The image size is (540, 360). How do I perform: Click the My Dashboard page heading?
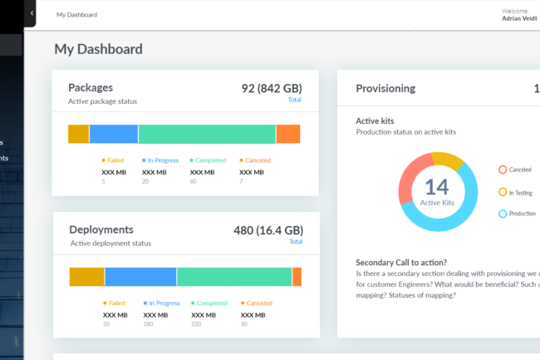(98, 49)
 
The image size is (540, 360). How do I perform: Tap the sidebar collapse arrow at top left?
(32, 13)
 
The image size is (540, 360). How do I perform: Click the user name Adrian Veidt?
(520, 17)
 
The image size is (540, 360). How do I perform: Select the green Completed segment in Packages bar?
(207, 134)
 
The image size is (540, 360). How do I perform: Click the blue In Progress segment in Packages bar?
(113, 134)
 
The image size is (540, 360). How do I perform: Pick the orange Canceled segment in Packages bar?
(287, 134)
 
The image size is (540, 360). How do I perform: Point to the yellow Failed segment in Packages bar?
(78, 134)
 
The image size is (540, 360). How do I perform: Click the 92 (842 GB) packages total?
(272, 88)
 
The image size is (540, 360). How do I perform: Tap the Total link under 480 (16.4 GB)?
(295, 242)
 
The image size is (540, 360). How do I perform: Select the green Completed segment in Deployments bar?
(233, 277)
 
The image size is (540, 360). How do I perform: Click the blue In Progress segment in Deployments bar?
(140, 277)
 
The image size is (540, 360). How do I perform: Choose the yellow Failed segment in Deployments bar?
(86, 277)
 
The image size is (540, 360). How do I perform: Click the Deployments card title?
(101, 229)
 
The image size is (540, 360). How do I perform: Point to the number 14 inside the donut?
(437, 186)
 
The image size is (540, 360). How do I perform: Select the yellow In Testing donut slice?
(449, 160)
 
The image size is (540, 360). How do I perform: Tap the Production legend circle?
(503, 215)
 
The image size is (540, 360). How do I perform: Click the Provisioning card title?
(385, 88)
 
